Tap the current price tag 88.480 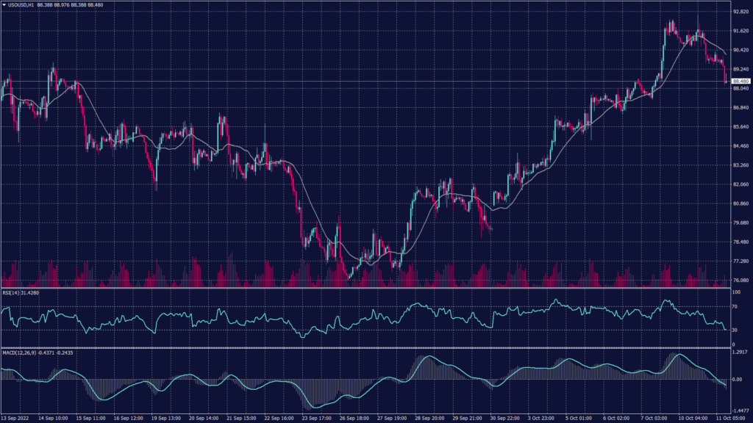(x=740, y=81)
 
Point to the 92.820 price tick (x=740, y=12)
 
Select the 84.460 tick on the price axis (x=740, y=146)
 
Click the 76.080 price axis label (x=740, y=281)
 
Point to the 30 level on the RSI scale (x=735, y=330)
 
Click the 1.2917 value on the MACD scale (x=740, y=353)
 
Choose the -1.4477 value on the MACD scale (x=740, y=411)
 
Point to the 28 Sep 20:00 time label (x=430, y=419)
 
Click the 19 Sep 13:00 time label (x=165, y=419)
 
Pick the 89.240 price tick (x=740, y=69)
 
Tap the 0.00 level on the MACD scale (x=738, y=379)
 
